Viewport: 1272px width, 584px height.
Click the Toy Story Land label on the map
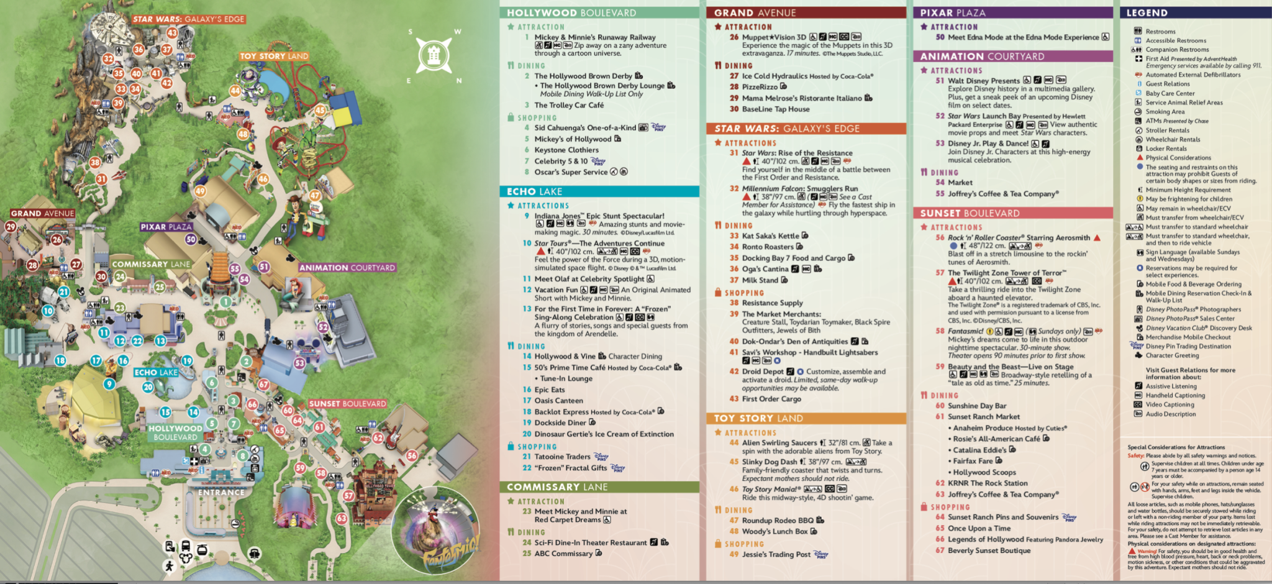pyautogui.click(x=274, y=56)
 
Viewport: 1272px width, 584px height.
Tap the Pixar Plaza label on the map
pyautogui.click(x=166, y=227)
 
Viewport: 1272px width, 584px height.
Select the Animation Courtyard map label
pyautogui.click(x=347, y=268)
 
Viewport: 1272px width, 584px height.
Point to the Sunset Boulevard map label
pyautogui.click(x=347, y=404)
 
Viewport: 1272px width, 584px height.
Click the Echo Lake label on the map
pyautogui.click(x=156, y=372)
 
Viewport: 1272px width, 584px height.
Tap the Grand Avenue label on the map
pyautogui.click(x=42, y=213)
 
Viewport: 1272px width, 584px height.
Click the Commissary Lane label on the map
pyautogui.click(x=151, y=264)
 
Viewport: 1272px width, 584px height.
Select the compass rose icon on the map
pyautogui.click(x=434, y=55)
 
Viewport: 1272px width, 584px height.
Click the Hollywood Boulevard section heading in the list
pyautogui.click(x=571, y=12)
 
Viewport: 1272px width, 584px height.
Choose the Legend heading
pyautogui.click(x=1147, y=12)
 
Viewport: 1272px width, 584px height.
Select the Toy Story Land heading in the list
pyautogui.click(x=758, y=418)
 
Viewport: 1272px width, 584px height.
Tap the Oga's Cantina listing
pyautogui.click(x=765, y=269)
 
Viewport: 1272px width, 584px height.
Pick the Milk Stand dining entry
pyautogui.click(x=760, y=280)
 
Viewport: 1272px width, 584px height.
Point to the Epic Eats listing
pyautogui.click(x=550, y=390)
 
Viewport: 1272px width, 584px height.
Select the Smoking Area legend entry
pyautogui.click(x=1165, y=112)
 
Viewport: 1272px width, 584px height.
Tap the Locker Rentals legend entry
pyautogui.click(x=1166, y=148)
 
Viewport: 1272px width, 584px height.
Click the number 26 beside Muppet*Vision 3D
pyautogui.click(x=734, y=37)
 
